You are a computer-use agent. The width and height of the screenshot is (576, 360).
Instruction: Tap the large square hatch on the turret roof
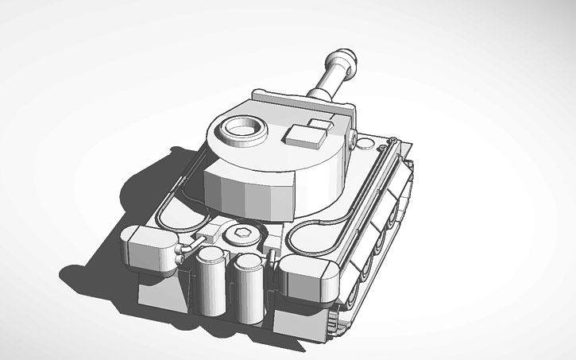coord(306,136)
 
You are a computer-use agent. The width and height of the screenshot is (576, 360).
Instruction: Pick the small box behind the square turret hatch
coord(320,124)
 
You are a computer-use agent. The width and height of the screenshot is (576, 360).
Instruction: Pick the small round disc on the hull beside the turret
coord(365,144)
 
